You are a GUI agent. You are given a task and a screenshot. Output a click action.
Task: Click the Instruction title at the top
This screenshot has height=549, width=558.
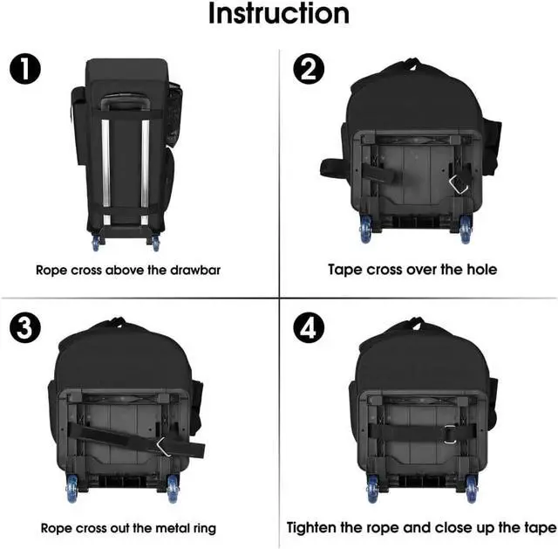279,14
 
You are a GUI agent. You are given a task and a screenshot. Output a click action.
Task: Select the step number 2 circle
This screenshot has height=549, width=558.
309,68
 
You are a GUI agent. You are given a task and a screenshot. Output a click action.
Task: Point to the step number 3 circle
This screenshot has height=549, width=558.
25,327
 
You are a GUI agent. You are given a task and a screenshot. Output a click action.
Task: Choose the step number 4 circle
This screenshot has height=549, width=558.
309,327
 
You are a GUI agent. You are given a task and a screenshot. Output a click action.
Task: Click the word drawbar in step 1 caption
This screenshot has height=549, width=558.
195,270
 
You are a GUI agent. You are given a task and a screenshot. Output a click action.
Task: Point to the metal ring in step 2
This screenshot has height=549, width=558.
458,184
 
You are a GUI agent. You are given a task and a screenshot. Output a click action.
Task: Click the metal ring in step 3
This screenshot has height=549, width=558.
163,446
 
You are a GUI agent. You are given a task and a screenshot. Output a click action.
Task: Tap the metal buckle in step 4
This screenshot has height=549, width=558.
450,435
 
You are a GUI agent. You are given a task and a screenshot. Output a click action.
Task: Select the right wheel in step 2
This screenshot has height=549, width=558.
466,229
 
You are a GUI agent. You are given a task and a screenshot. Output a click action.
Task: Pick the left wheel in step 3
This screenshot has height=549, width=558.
71,489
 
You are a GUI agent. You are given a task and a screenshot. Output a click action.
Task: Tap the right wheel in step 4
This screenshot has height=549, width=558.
473,489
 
